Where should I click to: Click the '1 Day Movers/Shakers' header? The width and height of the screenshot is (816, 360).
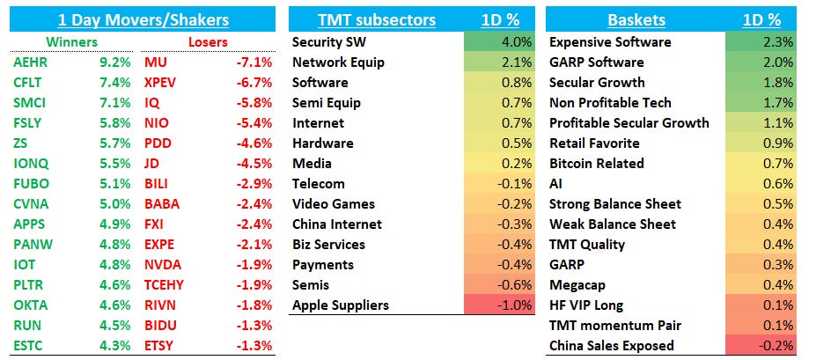click(x=143, y=19)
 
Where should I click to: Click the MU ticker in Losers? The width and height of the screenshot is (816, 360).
click(x=155, y=62)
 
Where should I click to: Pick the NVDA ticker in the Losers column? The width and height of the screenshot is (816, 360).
click(x=163, y=265)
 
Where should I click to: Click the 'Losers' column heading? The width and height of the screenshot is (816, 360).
click(x=208, y=41)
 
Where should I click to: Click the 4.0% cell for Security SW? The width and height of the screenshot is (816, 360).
click(x=498, y=42)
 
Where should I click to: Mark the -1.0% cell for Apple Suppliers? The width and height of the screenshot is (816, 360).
click(x=498, y=305)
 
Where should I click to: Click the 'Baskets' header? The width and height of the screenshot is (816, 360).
click(x=635, y=19)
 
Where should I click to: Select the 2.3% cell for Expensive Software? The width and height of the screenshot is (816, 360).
click(x=761, y=42)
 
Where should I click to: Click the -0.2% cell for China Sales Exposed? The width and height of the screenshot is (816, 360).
click(x=761, y=346)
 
